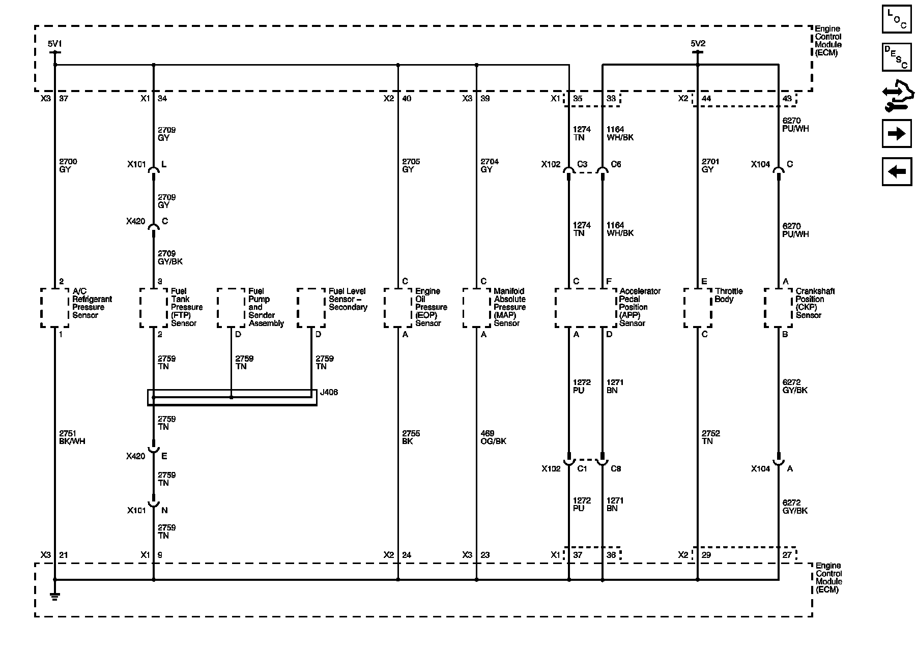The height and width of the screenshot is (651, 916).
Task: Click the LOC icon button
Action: pyautogui.click(x=897, y=19)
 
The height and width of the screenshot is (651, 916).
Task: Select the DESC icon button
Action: pyautogui.click(x=897, y=57)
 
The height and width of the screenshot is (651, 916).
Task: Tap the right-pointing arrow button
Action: pyautogui.click(x=897, y=134)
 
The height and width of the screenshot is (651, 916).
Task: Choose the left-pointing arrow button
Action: pyautogui.click(x=897, y=171)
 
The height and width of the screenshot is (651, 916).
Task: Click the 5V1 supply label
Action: pyautogui.click(x=54, y=44)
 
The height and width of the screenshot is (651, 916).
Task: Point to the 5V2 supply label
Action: pyautogui.click(x=698, y=44)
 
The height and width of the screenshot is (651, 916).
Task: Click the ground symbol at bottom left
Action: pyautogui.click(x=54, y=596)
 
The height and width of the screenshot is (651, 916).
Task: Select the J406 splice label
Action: pyautogui.click(x=329, y=393)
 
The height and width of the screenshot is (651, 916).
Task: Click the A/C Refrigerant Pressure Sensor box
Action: pyautogui.click(x=54, y=308)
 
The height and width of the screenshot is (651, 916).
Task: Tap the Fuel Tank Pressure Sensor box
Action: pyautogui.click(x=154, y=308)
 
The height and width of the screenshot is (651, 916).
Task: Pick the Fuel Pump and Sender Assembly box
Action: pyautogui.click(x=232, y=308)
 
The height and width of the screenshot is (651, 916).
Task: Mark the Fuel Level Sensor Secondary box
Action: pyautogui.click(x=311, y=308)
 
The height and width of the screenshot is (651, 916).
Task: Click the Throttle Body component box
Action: pyautogui.click(x=698, y=308)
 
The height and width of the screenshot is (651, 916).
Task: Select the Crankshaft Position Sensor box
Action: pyautogui.click(x=779, y=308)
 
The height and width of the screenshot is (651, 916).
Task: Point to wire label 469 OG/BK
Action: pyautogui.click(x=493, y=437)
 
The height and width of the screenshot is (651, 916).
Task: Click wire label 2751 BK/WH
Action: pyautogui.click(x=72, y=437)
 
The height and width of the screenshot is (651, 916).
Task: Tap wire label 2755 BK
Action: pyautogui.click(x=411, y=437)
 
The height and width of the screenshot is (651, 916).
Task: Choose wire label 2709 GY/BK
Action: pyautogui.click(x=170, y=257)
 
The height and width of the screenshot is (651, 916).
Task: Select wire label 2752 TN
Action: pyautogui.click(x=710, y=437)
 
